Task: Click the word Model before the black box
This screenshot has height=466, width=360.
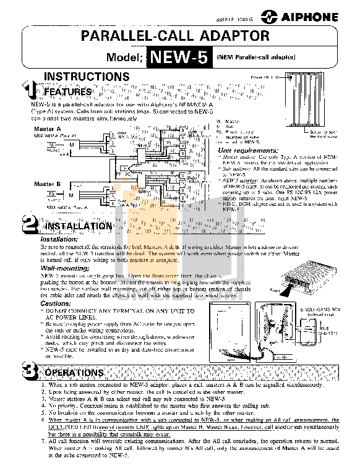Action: click(x=124, y=59)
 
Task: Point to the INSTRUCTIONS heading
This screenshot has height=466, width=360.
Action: click(x=86, y=77)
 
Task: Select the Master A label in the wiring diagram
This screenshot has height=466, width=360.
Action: click(x=45, y=129)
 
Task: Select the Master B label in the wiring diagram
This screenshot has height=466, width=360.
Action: click(x=45, y=184)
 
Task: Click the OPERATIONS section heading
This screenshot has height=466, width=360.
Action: click(x=74, y=373)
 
